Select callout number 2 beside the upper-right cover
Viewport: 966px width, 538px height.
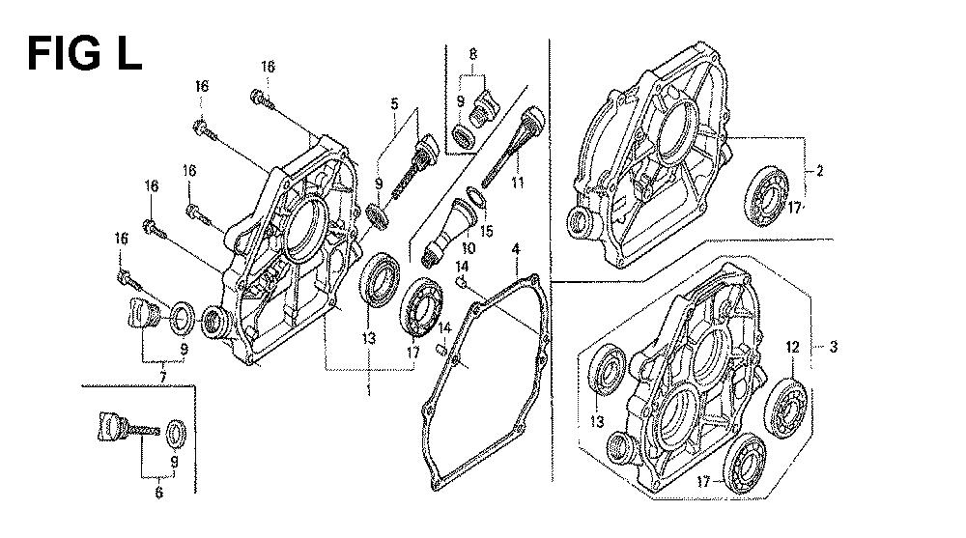click(x=819, y=172)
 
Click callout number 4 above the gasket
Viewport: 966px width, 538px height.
click(x=394, y=102)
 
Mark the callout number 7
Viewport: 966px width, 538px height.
click(x=472, y=55)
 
